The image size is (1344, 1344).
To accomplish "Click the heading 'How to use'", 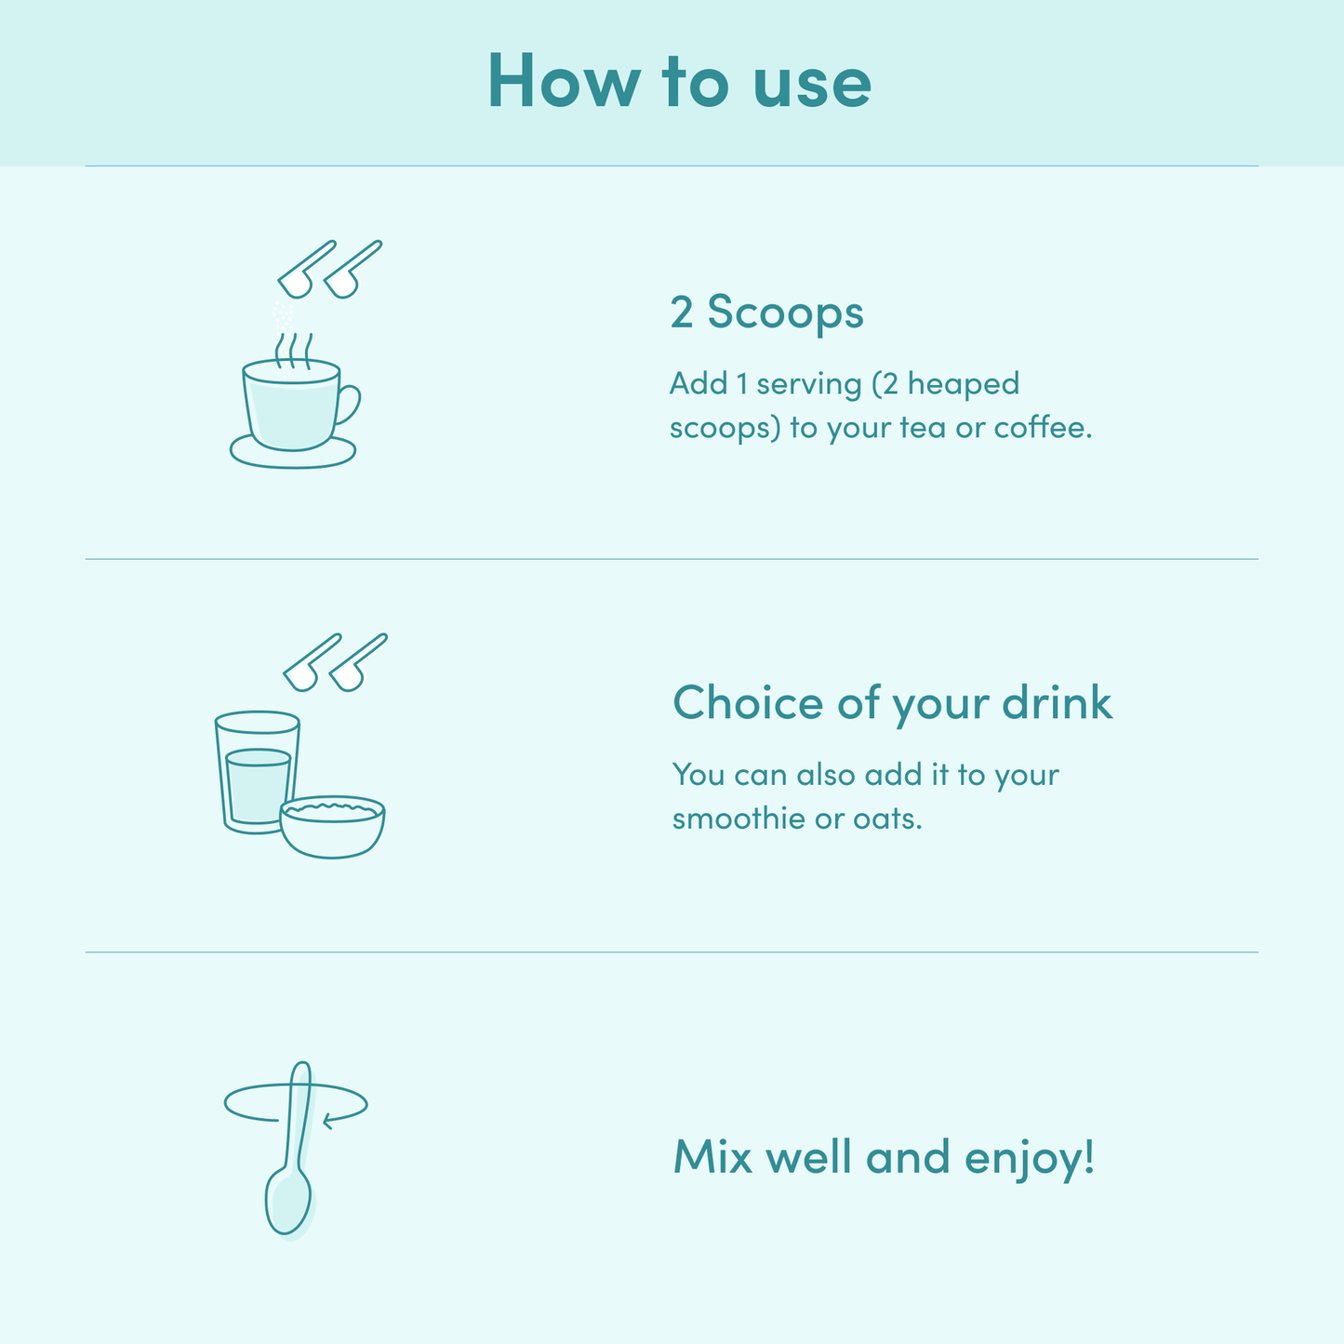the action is coord(679,81).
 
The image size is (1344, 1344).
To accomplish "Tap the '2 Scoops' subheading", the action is coord(766,312).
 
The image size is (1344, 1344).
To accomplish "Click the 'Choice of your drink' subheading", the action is coord(892,703).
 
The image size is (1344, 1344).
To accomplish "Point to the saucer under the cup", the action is coord(293,454).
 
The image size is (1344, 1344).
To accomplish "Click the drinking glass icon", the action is coord(257,771).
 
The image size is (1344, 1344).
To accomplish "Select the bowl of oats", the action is coord(332,827).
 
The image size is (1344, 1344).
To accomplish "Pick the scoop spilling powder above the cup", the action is coord(306,269).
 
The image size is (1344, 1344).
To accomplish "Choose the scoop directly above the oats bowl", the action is coord(358,662).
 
